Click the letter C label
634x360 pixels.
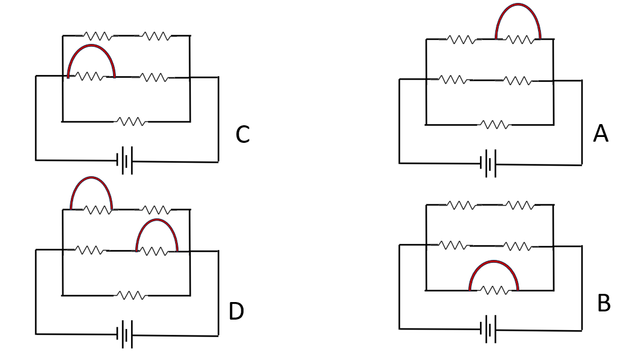pyautogui.click(x=242, y=134)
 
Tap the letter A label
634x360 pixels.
pyautogui.click(x=601, y=133)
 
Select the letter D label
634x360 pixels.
pyautogui.click(x=236, y=311)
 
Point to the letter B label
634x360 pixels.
pyautogui.click(x=604, y=303)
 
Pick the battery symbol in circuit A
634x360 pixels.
pyautogui.click(x=488, y=164)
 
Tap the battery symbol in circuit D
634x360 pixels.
pyautogui.click(x=125, y=334)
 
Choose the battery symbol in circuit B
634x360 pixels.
pyautogui.click(x=488, y=329)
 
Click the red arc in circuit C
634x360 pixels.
pyautogui.click(x=91, y=45)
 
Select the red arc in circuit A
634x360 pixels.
pyautogui.click(x=518, y=4)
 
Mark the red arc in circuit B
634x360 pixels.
pyautogui.click(x=494, y=261)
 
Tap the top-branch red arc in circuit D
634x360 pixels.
pyautogui.click(x=91, y=177)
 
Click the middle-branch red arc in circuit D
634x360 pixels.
pyautogui.click(x=157, y=220)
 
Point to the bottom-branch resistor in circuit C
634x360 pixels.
pyautogui.click(x=131, y=121)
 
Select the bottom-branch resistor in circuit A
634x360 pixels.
pyautogui.click(x=495, y=125)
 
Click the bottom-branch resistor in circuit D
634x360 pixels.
pyautogui.click(x=131, y=296)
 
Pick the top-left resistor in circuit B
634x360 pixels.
pyautogui.click(x=461, y=205)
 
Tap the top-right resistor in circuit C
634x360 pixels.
pyautogui.click(x=156, y=36)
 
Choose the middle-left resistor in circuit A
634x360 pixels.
pyautogui.click(x=453, y=80)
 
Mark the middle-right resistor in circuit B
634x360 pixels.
pyautogui.click(x=518, y=246)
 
